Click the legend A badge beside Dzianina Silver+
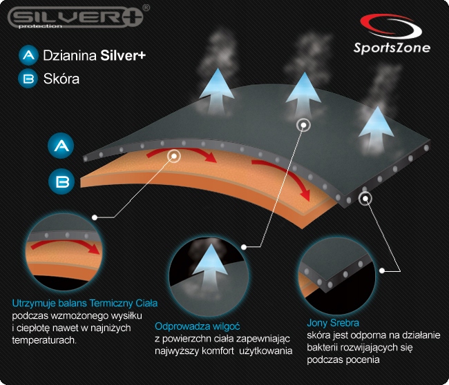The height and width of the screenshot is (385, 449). [28, 55]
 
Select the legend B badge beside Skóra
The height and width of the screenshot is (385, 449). [28, 79]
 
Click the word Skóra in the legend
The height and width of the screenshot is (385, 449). [61, 79]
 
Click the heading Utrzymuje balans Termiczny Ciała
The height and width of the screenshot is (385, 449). [85, 303]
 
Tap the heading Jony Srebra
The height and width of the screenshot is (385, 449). [333, 322]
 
